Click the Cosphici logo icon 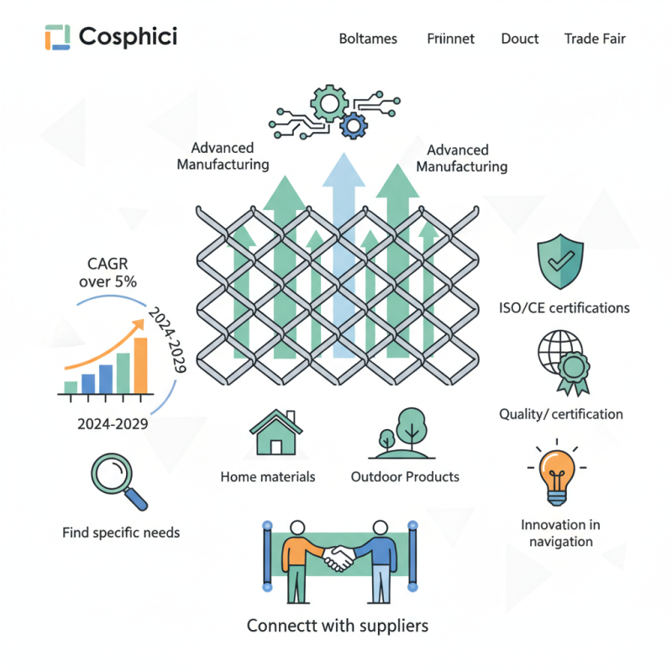(x=57, y=37)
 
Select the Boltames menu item (x=368, y=39)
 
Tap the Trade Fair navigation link (x=595, y=39)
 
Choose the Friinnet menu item (x=450, y=39)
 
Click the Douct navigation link (x=520, y=39)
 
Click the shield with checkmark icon (x=560, y=262)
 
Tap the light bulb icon (x=557, y=475)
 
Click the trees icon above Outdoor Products (x=405, y=433)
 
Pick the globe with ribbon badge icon (x=560, y=363)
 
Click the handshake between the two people (x=339, y=557)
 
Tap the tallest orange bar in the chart (x=140, y=365)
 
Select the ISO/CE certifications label (x=564, y=307)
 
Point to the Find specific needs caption (x=121, y=533)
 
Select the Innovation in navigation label (x=560, y=533)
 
